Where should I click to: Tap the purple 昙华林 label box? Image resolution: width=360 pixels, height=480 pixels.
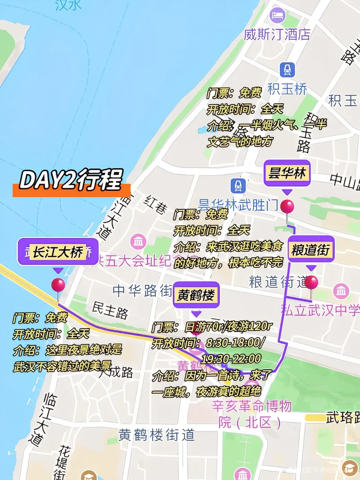[x=287, y=174]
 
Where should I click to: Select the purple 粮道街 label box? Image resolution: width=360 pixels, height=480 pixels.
[x=311, y=250]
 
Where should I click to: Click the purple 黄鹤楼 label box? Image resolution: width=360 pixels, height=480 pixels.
[x=196, y=296]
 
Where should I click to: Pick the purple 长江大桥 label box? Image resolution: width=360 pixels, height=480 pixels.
[x=58, y=252]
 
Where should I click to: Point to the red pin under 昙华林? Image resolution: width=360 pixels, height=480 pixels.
[x=287, y=207]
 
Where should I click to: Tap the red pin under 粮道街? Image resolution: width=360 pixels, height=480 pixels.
[x=311, y=283]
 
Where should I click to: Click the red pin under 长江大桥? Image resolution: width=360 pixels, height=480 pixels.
[x=58, y=285]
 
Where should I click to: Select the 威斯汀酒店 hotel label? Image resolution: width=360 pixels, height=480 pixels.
[x=277, y=35]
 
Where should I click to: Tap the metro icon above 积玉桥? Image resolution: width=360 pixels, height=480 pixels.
[x=287, y=70]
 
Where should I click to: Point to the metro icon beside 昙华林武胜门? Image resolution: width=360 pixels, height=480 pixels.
[x=237, y=186]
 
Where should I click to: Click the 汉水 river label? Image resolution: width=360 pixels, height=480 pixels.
[x=68, y=5]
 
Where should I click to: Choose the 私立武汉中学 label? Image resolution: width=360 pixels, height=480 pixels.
[x=320, y=310]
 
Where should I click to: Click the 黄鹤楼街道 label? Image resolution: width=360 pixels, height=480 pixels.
[x=157, y=435]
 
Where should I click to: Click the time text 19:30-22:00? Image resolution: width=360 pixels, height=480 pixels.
[x=231, y=359]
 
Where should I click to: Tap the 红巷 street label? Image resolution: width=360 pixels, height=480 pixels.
[x=155, y=205]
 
